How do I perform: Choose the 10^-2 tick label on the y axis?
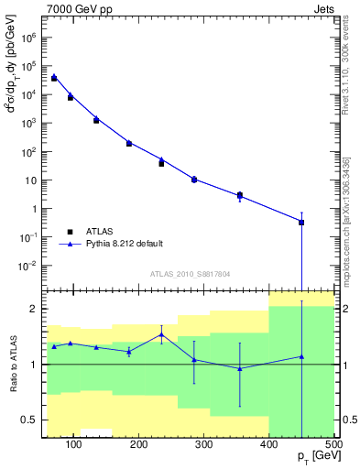28,266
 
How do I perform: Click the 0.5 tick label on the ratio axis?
29,420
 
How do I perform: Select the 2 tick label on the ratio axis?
35,309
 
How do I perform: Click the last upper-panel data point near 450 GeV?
301,222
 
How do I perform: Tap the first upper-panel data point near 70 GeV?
54,78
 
